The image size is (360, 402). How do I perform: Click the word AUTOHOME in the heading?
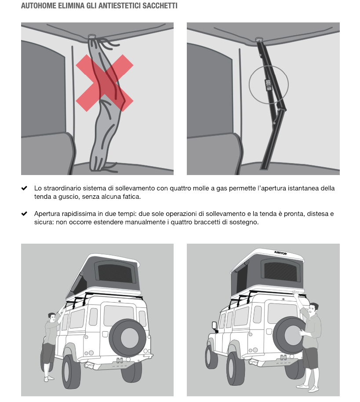38,6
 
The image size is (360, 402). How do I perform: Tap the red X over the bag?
105,83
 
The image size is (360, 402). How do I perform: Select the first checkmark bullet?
24,188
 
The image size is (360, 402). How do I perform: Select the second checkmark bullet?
24,214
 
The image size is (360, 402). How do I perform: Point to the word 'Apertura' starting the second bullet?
47,214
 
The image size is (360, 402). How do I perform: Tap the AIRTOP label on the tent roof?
280,253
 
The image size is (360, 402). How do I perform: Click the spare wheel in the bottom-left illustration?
127,338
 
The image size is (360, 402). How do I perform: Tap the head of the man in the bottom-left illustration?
52,318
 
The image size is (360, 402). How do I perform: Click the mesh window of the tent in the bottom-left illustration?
115,273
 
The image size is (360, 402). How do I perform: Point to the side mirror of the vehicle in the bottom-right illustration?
215,325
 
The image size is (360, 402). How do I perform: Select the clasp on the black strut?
268,85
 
